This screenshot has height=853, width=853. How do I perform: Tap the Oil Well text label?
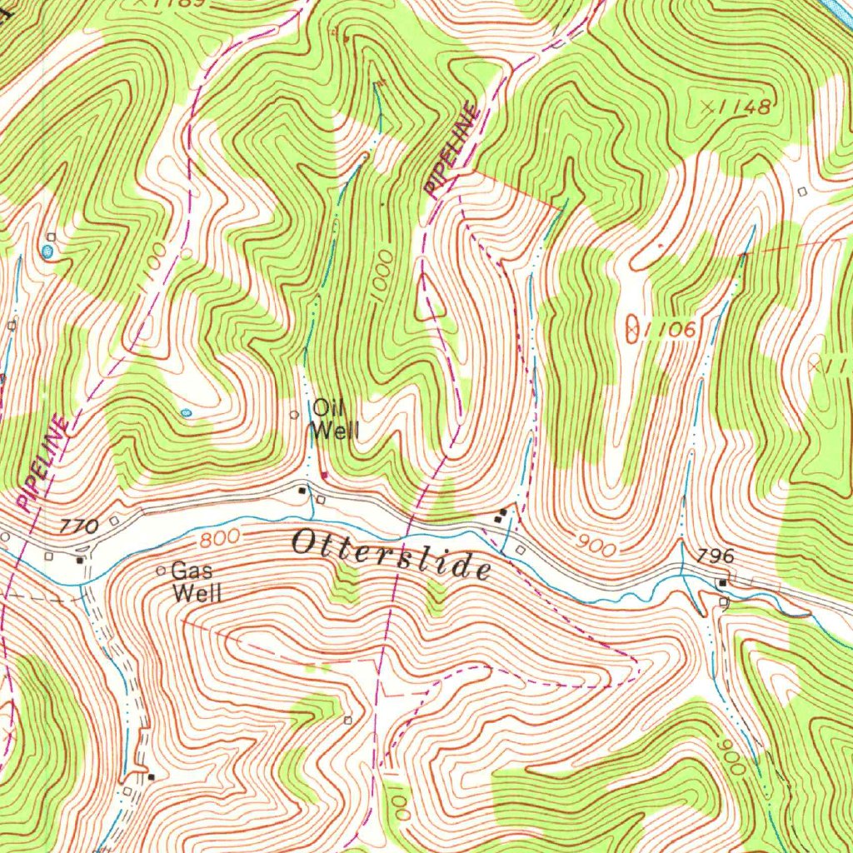point(335,419)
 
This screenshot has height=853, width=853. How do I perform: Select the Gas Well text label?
point(196,582)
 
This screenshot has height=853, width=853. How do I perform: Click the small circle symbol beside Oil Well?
point(293,414)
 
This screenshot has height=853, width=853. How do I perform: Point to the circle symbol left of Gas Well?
point(161,571)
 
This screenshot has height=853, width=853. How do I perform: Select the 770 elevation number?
point(80,526)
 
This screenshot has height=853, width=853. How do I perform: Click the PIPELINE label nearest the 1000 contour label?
point(451,150)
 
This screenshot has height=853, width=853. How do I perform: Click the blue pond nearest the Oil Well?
point(185,412)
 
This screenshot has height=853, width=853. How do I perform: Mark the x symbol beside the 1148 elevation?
point(707,107)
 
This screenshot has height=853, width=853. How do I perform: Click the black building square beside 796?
point(723,582)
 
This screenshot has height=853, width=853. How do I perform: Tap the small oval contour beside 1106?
point(632,328)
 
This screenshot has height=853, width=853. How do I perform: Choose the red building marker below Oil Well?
point(324,476)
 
